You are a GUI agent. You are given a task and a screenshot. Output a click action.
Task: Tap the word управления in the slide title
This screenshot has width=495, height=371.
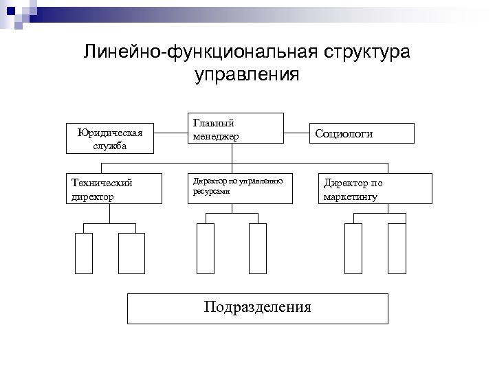point(247,74)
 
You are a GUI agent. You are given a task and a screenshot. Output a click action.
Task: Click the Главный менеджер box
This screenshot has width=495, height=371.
point(235,128)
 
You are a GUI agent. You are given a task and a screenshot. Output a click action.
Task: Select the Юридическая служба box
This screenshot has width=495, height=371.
point(110,138)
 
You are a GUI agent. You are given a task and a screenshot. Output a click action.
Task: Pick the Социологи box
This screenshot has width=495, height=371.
point(363,133)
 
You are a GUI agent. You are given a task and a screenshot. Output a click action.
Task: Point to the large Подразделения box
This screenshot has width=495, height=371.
point(257,308)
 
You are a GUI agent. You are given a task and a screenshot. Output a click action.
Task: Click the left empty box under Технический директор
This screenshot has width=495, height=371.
point(83,254)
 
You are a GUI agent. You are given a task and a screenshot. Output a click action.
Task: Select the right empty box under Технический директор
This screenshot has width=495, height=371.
point(131,254)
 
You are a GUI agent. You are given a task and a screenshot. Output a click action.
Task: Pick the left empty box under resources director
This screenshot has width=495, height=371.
point(206,249)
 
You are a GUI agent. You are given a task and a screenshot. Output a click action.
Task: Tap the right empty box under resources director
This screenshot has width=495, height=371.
point(257,249)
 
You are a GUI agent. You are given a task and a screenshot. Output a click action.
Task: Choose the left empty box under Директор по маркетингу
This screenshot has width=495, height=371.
point(353,249)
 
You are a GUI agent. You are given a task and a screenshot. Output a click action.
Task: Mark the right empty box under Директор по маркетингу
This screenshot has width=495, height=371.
point(397,249)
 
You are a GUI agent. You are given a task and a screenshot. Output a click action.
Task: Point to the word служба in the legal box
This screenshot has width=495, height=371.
point(110,146)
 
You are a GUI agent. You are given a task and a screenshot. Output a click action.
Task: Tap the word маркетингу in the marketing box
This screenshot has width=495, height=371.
point(350,197)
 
